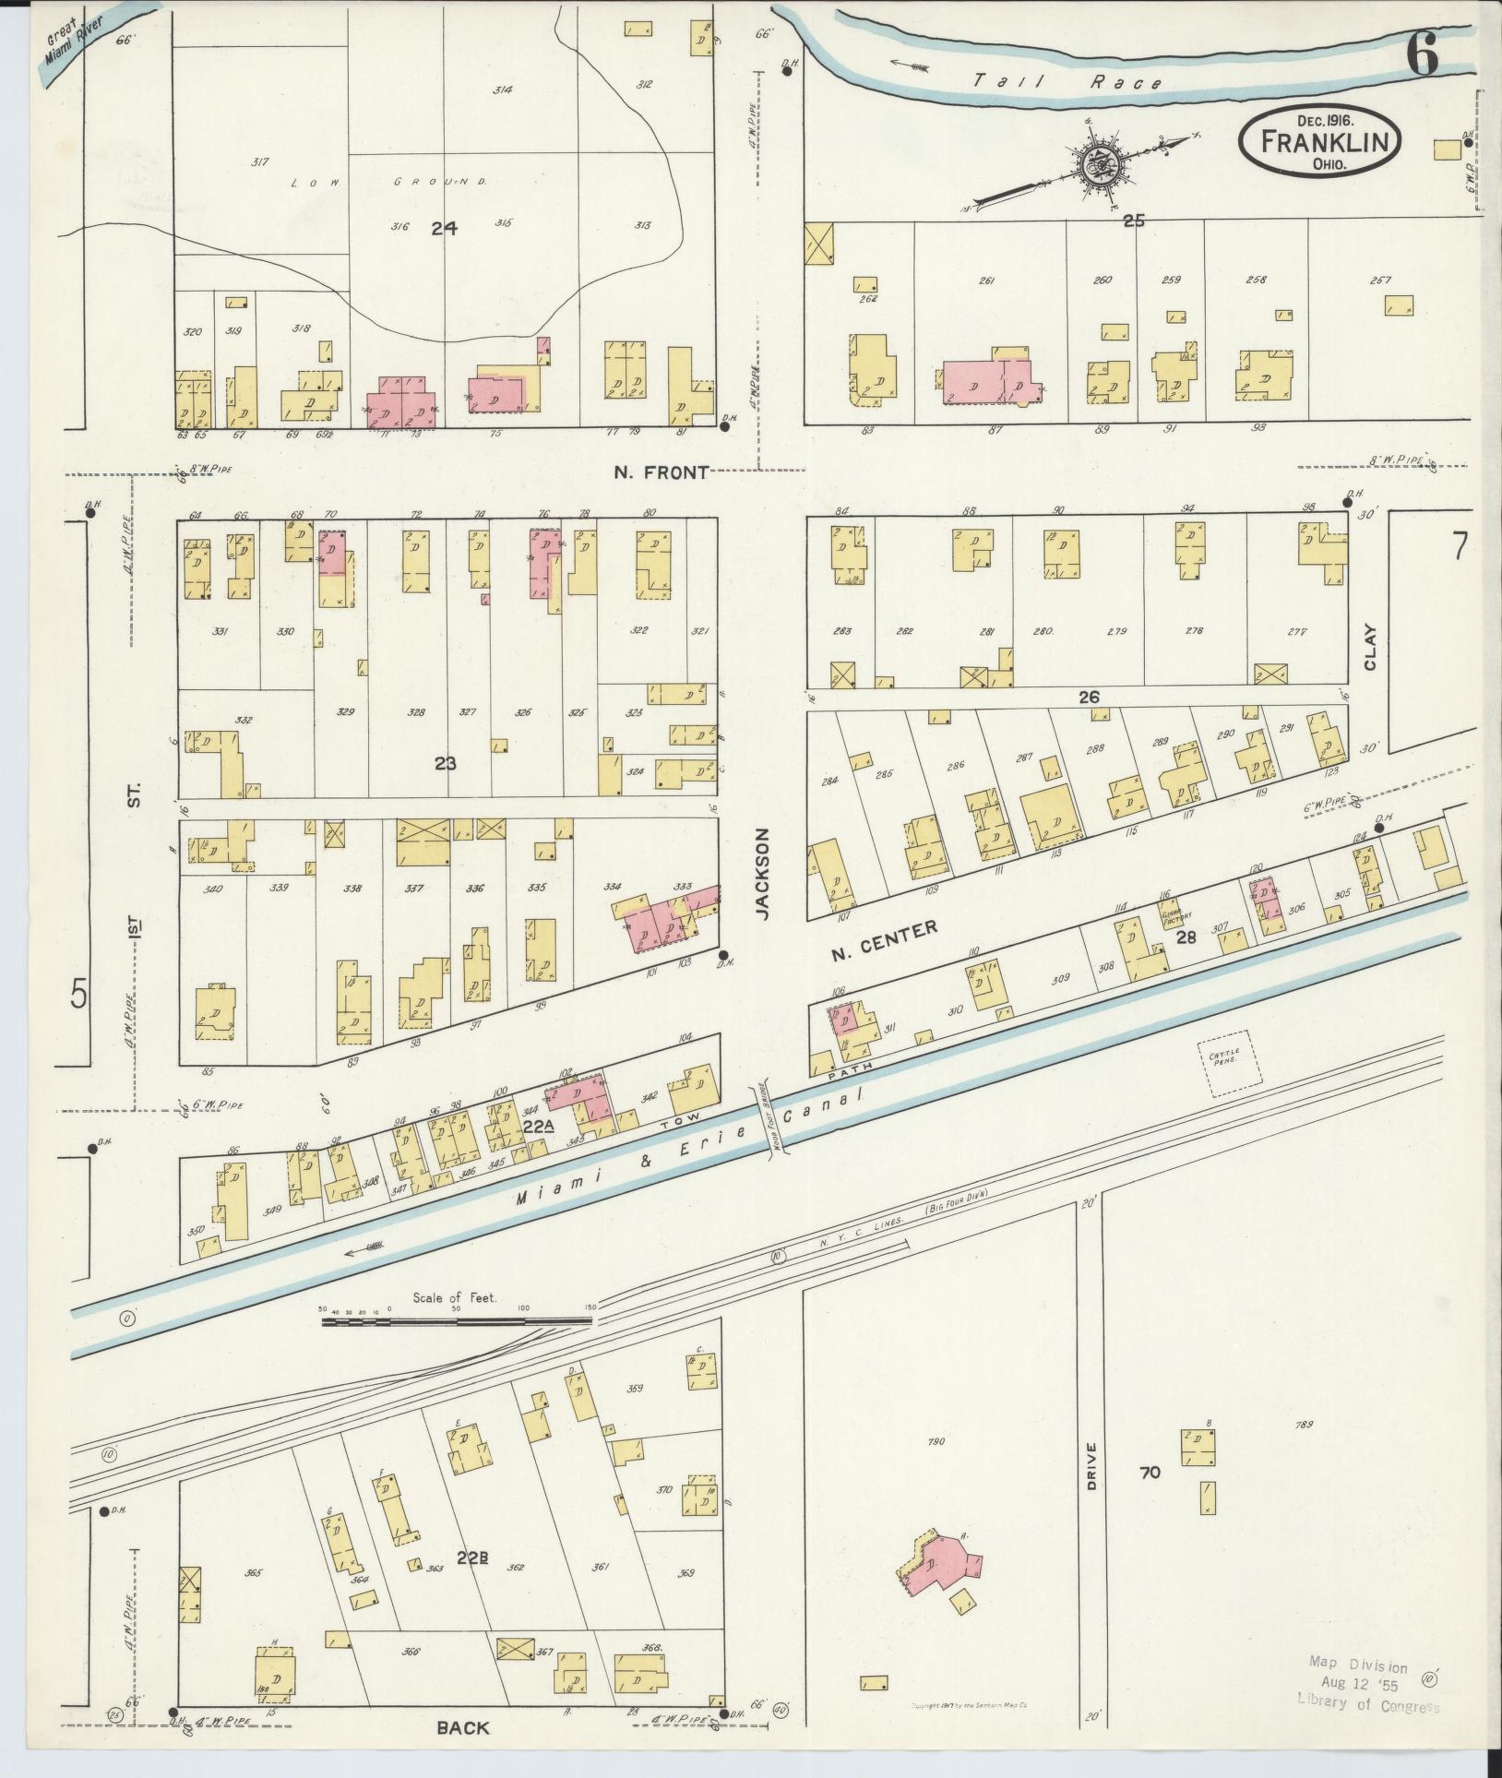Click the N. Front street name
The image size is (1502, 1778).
click(662, 472)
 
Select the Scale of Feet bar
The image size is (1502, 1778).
click(457, 1321)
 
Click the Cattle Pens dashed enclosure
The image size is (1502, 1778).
click(1223, 1064)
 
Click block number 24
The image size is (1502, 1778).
click(444, 228)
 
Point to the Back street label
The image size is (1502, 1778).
click(464, 1728)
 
